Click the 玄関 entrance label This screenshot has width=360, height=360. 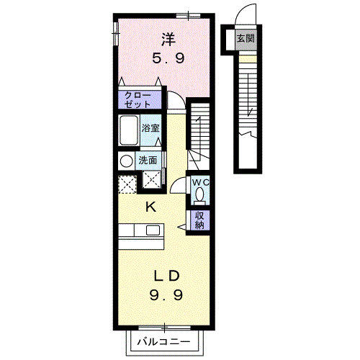(x=246, y=38)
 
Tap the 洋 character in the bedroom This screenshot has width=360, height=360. (x=168, y=40)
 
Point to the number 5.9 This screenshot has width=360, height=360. (x=168, y=58)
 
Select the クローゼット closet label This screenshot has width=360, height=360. (x=138, y=99)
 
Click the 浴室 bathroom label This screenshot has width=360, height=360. (x=150, y=128)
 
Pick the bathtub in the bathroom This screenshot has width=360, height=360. (x=129, y=130)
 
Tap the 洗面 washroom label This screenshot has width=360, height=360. (x=148, y=160)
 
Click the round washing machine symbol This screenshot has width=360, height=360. (x=127, y=161)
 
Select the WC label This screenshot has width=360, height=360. (x=201, y=182)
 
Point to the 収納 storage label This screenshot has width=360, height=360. (x=199, y=220)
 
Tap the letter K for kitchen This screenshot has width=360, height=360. (x=151, y=207)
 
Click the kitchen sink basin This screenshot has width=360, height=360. (x=153, y=230)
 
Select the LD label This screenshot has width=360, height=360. (x=167, y=276)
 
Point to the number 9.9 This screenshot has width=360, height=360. (x=166, y=294)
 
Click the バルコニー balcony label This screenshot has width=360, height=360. (x=163, y=341)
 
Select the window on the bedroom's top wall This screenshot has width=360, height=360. (x=188, y=16)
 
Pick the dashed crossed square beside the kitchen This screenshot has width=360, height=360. (x=127, y=184)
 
